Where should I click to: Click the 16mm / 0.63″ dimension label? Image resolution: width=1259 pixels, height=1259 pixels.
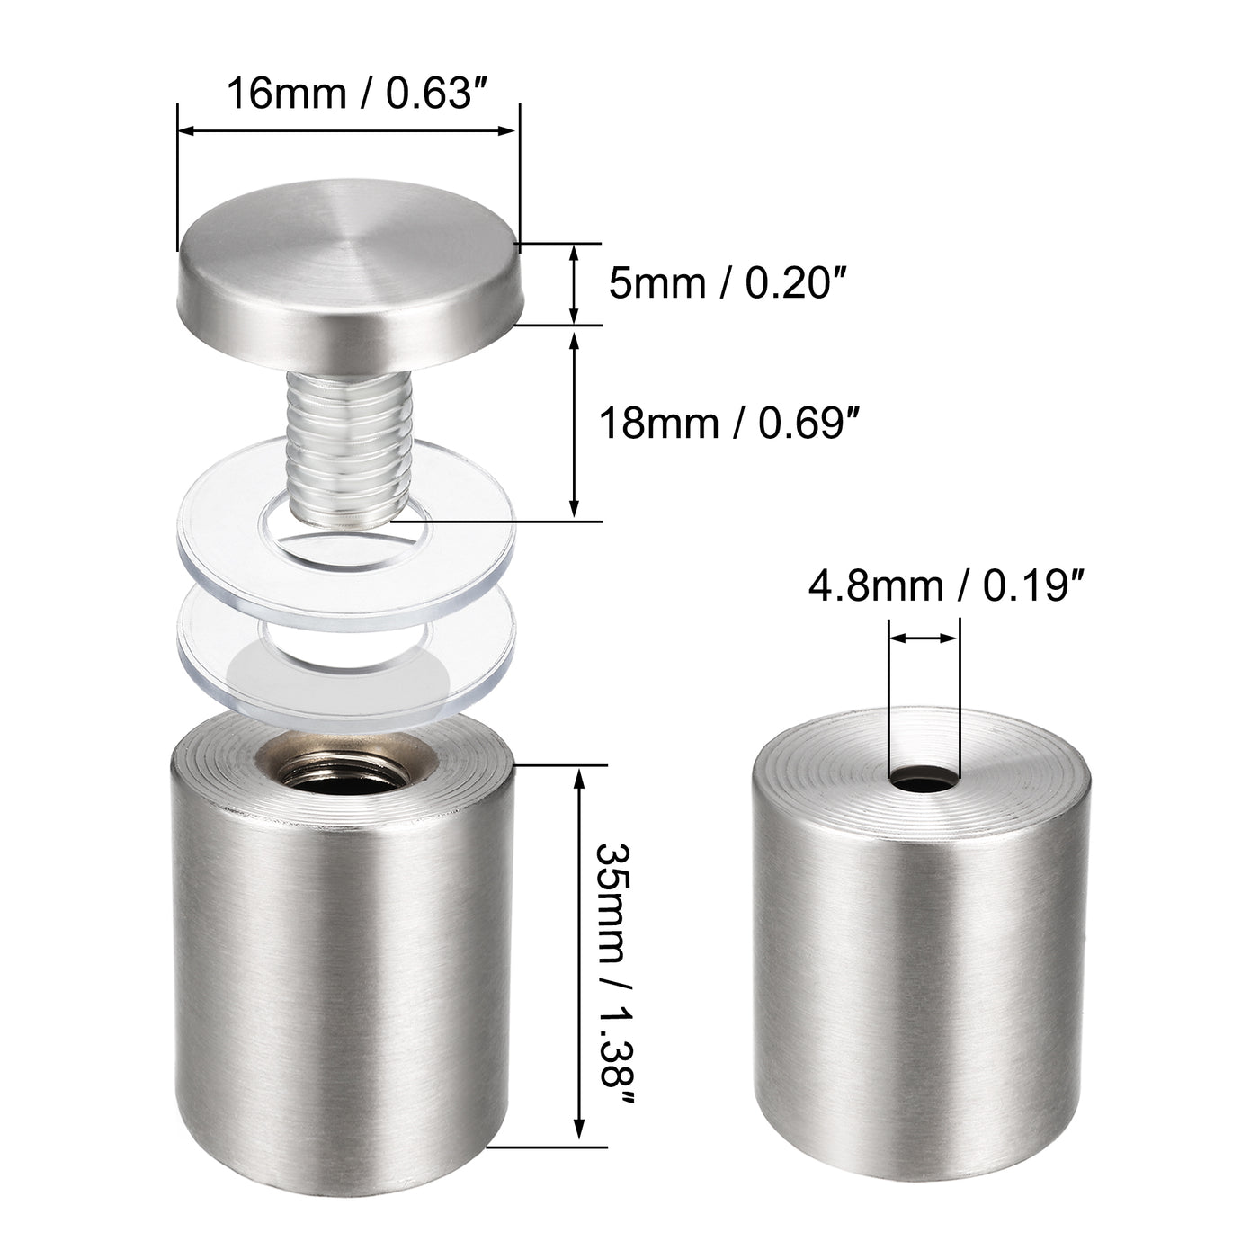[x=349, y=92]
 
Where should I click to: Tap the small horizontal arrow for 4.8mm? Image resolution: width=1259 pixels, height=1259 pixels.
[x=924, y=638]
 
